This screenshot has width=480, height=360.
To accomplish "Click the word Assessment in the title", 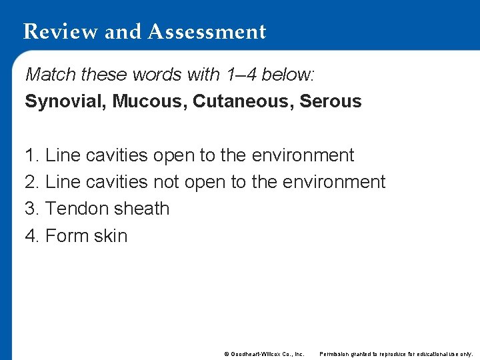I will (207, 31).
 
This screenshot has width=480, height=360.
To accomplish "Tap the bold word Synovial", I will (65, 102).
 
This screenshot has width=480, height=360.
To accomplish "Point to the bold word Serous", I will (331, 102).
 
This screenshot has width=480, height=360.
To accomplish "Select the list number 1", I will (31, 155).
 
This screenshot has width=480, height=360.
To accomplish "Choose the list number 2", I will (31, 182).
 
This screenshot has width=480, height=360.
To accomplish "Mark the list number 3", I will (31, 209).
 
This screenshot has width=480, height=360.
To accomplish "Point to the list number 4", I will (31, 236).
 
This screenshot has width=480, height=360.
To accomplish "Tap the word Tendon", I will (74, 209).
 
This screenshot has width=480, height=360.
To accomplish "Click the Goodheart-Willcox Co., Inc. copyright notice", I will (264, 353).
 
